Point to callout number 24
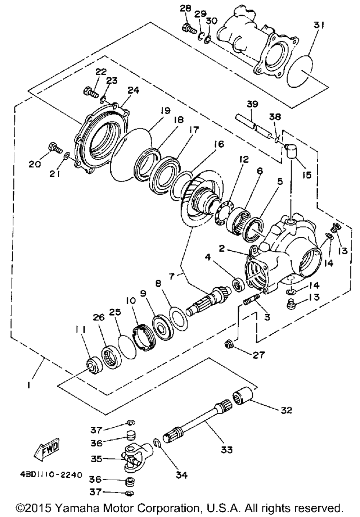pyautogui.click(x=134, y=90)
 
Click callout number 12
pyautogui.click(x=244, y=159)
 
